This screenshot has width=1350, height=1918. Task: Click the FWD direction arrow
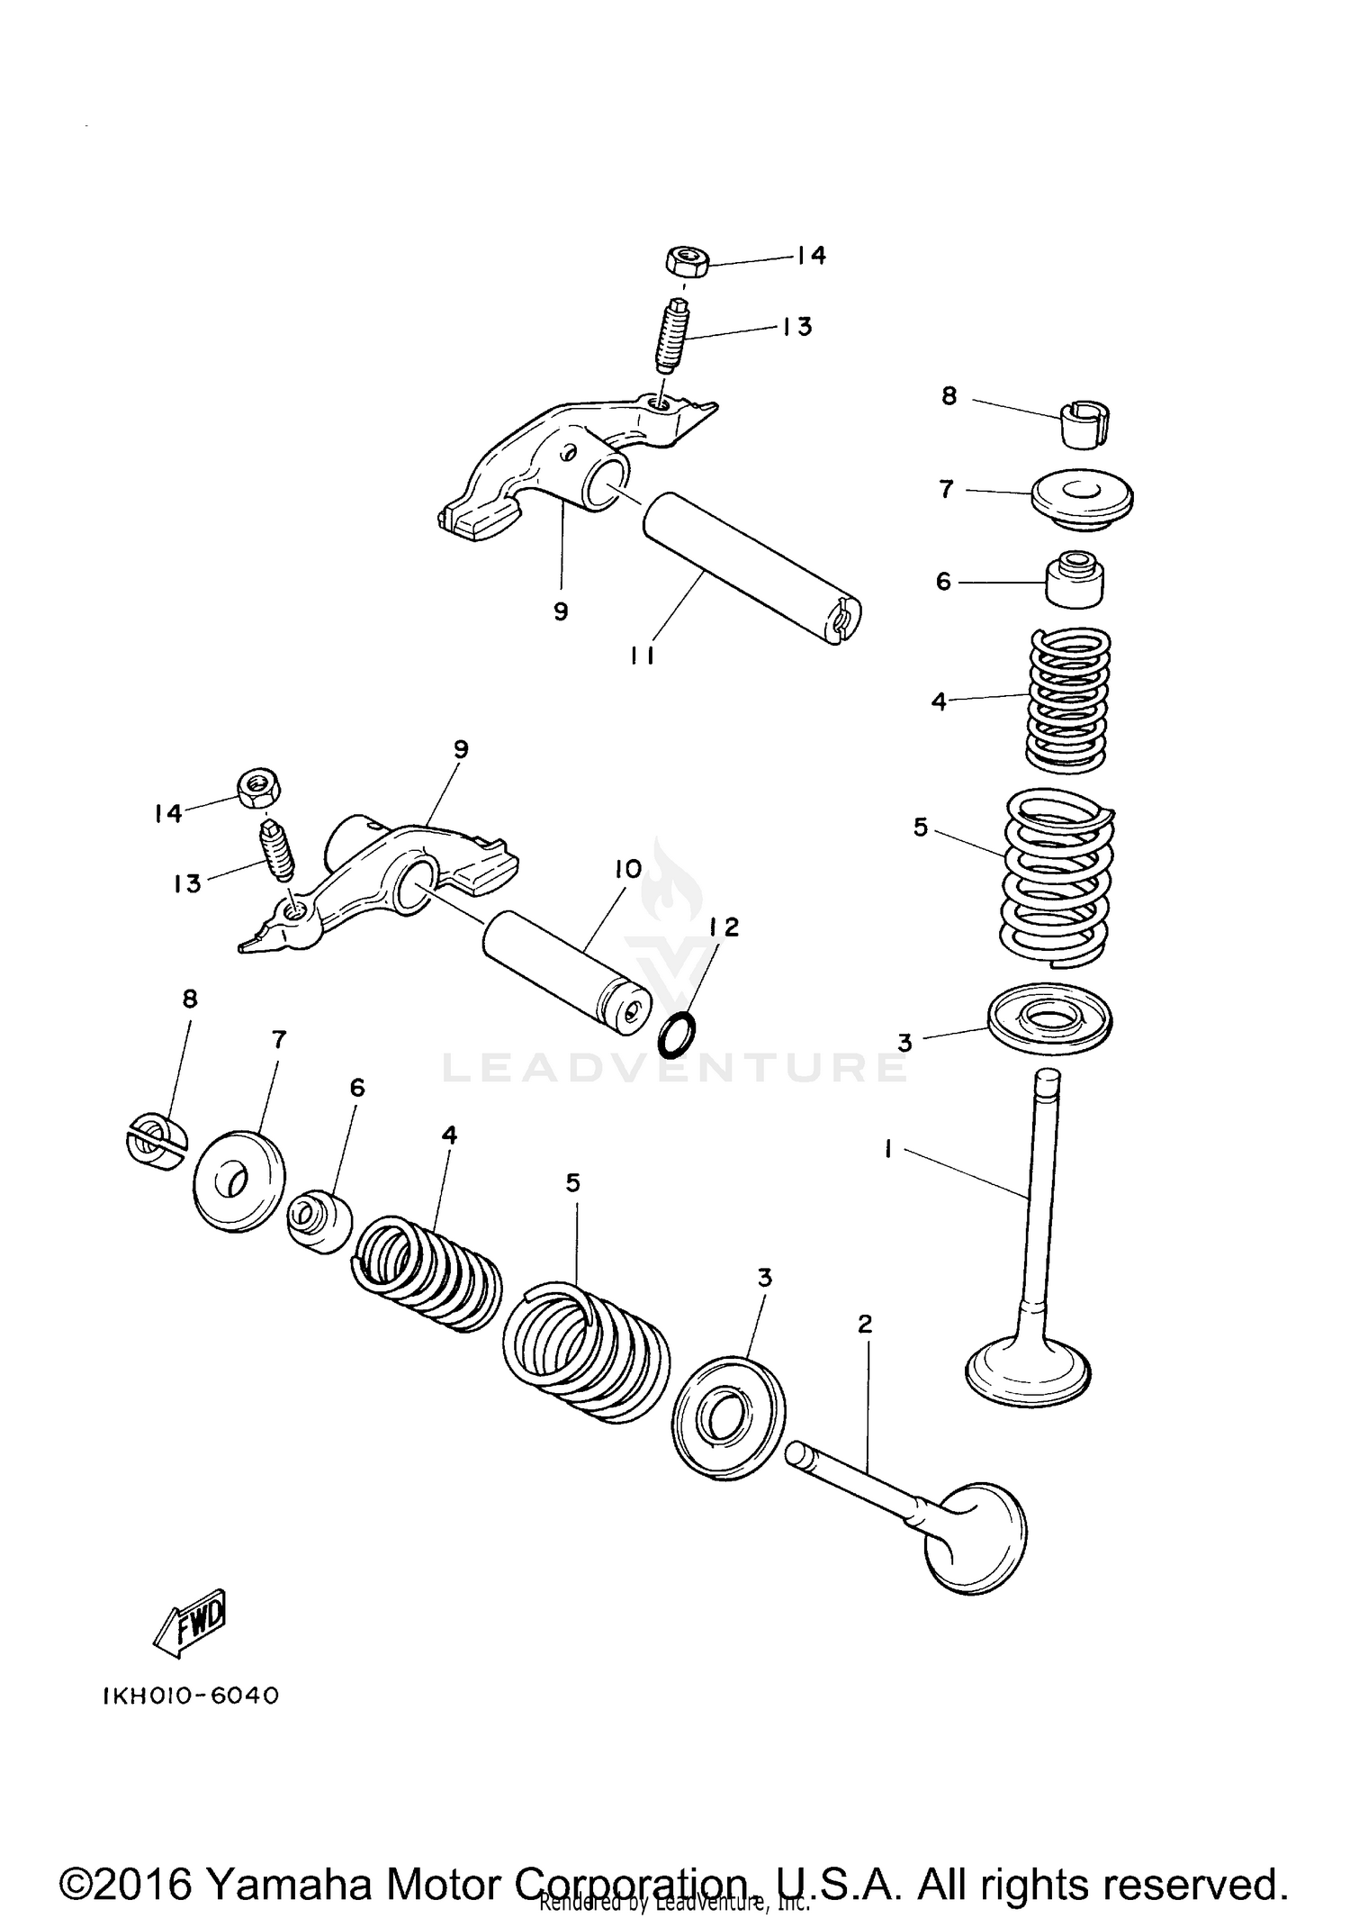190,1624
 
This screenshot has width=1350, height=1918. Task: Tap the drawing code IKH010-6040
191,1696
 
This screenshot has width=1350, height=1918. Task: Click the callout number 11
642,656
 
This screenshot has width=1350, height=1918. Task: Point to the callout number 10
627,870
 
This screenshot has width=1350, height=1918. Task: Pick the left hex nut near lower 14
259,788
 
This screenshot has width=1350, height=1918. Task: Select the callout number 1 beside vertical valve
888,1148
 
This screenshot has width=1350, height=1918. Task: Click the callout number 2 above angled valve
865,1324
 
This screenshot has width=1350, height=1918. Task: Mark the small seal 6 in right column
1074,583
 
